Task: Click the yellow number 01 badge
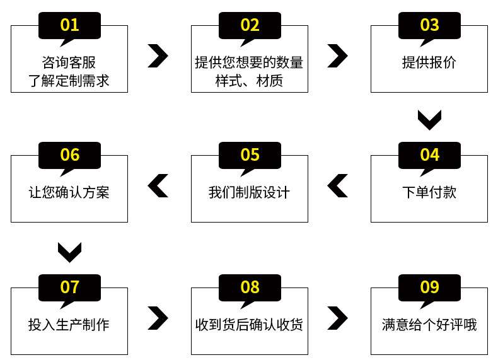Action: pos(69,25)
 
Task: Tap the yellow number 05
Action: pos(250,154)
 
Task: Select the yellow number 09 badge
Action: pos(429,287)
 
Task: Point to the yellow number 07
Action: pos(69,287)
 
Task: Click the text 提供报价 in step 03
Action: pos(429,62)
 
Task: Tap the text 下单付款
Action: pos(429,192)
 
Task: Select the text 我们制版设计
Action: pos(250,192)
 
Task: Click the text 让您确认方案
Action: pos(69,192)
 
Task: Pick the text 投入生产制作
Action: pos(69,325)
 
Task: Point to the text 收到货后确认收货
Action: pos(250,325)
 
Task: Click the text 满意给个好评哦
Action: pos(429,325)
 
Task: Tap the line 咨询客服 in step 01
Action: pos(69,62)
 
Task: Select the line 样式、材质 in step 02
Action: pos(250,81)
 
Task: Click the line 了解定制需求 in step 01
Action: pos(69,81)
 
